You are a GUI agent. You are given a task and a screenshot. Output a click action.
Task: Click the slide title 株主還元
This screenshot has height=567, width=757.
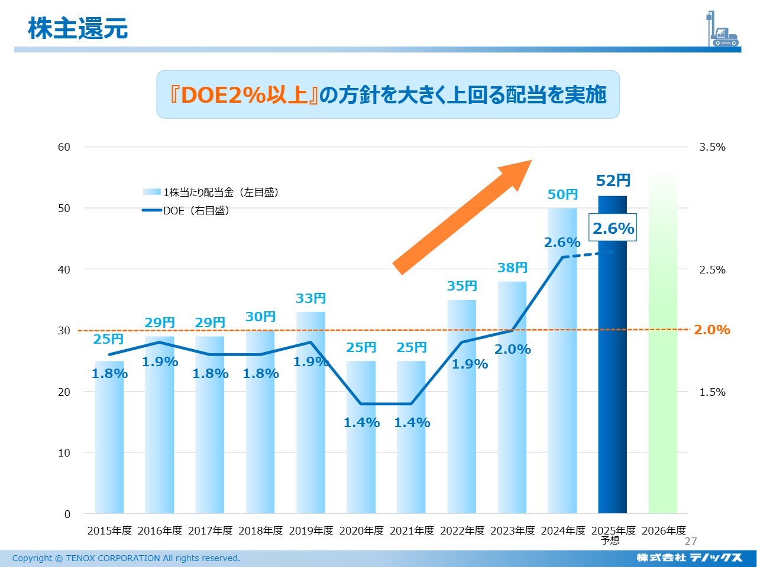pos(78,28)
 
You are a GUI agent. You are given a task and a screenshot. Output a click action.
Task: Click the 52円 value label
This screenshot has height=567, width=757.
pos(613,181)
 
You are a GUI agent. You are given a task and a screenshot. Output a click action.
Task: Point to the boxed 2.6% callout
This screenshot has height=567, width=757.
pos(613,229)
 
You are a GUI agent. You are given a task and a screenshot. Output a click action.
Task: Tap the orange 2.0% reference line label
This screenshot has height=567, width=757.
pos(711,330)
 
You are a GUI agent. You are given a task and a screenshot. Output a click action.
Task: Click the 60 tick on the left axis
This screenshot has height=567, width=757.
pos(64,147)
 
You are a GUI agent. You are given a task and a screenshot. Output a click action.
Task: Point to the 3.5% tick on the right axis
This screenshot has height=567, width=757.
pos(712,147)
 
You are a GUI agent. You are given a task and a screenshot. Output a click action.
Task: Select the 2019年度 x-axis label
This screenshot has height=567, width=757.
pos(310,530)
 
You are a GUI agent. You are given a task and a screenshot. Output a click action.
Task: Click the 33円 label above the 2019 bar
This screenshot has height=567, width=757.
pos(310,298)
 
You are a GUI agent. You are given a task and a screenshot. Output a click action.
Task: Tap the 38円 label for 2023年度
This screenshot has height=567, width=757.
pos(512,268)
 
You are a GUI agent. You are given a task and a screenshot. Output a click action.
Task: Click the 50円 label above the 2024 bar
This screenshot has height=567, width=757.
pos(562,194)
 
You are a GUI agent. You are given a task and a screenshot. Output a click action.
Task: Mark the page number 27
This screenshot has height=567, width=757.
pos(691,542)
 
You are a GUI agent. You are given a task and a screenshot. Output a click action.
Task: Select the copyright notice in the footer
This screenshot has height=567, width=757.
pos(126,558)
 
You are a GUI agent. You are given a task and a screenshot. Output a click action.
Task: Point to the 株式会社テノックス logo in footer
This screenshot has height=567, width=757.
pos(689,558)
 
